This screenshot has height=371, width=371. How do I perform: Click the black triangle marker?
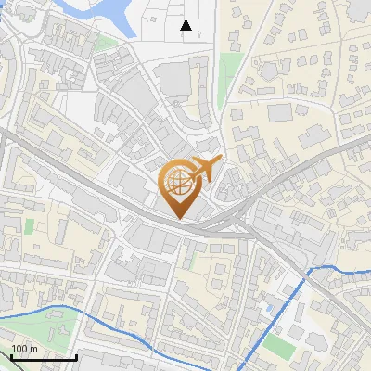[186, 25]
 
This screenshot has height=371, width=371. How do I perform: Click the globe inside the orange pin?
[178, 185]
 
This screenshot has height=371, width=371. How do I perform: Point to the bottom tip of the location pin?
[179, 219]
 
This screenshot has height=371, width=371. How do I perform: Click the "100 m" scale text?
[23, 349]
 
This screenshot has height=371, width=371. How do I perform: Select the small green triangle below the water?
[107, 43]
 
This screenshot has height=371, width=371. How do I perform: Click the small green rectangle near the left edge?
[28, 225]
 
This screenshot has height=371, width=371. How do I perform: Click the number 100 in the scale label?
[19, 349]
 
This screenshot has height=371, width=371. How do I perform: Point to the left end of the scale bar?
[11, 356]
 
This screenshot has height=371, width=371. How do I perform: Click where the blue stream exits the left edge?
[2, 318]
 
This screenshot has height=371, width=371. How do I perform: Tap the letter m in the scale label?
[33, 350]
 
